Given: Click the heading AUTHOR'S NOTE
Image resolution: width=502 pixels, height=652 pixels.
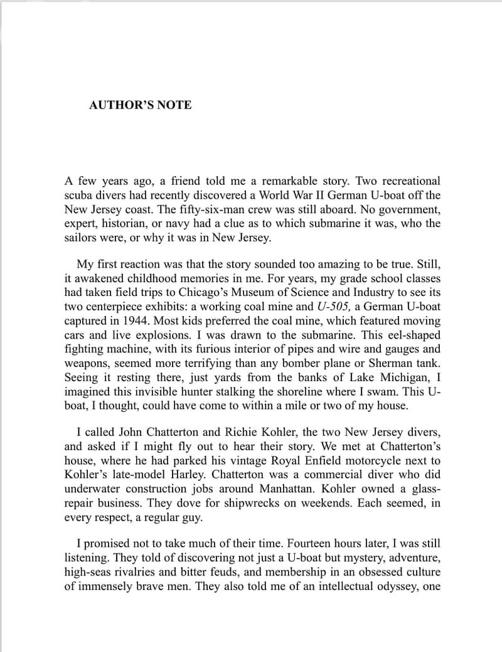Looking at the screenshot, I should (141, 105).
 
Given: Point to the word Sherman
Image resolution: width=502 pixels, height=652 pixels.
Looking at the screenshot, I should (391, 363).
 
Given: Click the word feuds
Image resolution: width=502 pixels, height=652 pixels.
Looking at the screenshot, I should (245, 572).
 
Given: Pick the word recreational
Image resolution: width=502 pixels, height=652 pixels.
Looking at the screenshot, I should (409, 181).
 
